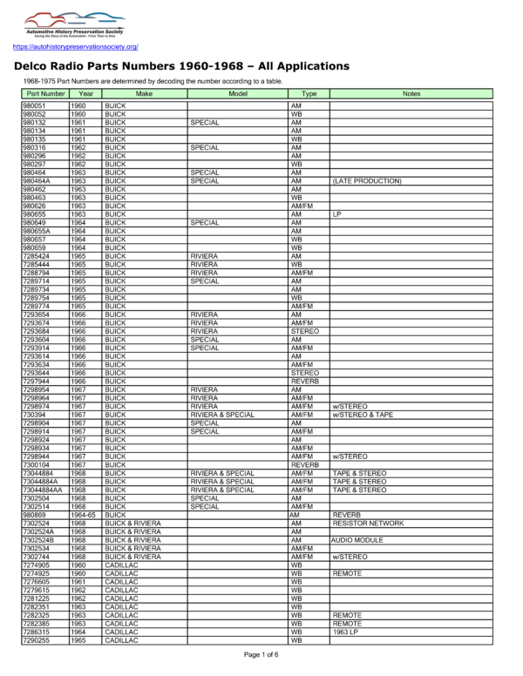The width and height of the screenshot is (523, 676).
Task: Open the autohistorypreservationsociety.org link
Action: point(76,46)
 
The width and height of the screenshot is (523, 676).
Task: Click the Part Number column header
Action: point(44,92)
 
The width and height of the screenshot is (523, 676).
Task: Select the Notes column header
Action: point(411,92)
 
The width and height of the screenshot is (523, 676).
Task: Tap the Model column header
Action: point(237,92)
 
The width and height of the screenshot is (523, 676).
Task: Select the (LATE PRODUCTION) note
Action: point(366,181)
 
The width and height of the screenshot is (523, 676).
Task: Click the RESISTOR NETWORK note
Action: point(368,523)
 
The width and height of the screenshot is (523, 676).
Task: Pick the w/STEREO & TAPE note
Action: point(365,416)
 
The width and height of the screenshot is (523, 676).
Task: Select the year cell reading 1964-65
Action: point(84,516)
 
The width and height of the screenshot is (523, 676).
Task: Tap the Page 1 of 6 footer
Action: point(261,654)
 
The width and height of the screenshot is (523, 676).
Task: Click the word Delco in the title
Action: point(38,66)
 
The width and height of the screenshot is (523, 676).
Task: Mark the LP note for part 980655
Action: point(337,213)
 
